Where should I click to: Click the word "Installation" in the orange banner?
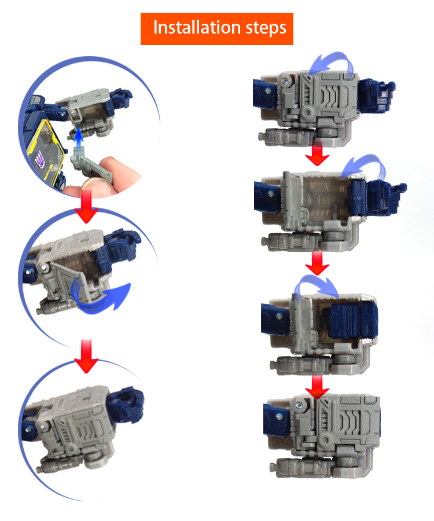coord(196,27)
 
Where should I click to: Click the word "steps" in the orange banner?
coord(266,28)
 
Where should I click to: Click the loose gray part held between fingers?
coord(90,166)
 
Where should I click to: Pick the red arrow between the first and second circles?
coord(87,206)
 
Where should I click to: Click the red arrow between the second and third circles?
coord(86,355)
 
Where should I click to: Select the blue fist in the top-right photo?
coord(377,96)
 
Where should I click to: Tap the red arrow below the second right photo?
coord(318,263)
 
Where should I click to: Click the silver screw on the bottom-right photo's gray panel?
coord(300,405)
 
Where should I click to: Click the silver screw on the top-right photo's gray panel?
coord(285,80)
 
